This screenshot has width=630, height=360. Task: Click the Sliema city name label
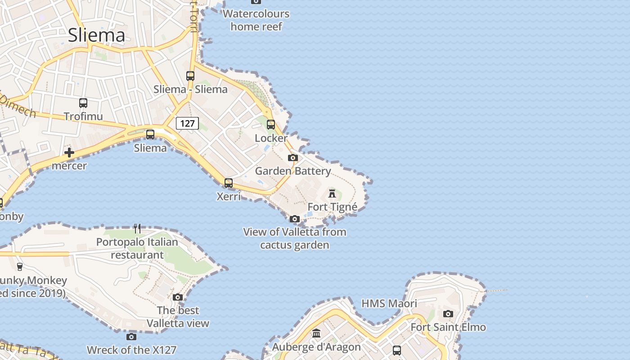pos(96,35)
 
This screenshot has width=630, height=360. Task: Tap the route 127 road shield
pos(187,123)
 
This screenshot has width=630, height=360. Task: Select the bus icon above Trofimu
pos(83,103)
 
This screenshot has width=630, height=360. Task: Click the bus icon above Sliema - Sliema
pos(190,76)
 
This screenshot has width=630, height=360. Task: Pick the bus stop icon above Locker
pos(271,125)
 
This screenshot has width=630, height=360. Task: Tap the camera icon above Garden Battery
pos(293,157)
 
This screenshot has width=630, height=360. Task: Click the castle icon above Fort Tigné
pos(332,193)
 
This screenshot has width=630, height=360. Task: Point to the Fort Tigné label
pos(332,207)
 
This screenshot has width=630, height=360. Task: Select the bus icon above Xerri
pos(229,183)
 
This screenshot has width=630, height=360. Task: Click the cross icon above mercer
pos(69,153)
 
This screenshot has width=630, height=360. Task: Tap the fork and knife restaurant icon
pos(137,229)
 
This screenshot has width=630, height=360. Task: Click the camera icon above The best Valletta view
pos(178,297)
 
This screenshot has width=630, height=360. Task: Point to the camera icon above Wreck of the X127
pos(131,337)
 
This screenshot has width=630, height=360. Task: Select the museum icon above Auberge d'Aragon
pos(316,333)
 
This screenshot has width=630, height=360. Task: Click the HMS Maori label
pos(389,303)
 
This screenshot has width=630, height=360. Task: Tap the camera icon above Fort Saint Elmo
pos(448,314)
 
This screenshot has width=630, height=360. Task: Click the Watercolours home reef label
pos(256,20)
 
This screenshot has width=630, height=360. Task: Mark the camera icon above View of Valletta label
pos(295,219)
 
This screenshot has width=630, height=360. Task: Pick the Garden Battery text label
pos(293,171)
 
